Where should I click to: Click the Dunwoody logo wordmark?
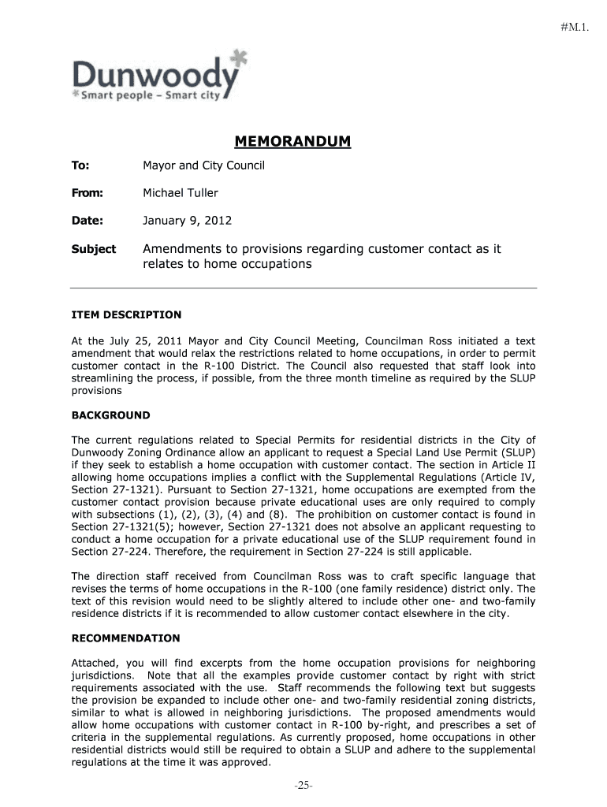click(154, 76)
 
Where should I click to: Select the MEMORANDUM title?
click(292, 142)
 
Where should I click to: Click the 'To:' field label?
click(80, 165)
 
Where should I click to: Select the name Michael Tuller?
click(180, 193)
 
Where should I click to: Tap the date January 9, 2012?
click(187, 221)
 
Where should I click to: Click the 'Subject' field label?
click(94, 249)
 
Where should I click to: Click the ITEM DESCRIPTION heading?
click(126, 314)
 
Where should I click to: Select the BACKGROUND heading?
click(110, 415)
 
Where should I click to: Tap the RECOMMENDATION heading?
click(125, 638)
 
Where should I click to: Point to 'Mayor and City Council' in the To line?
click(203, 165)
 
